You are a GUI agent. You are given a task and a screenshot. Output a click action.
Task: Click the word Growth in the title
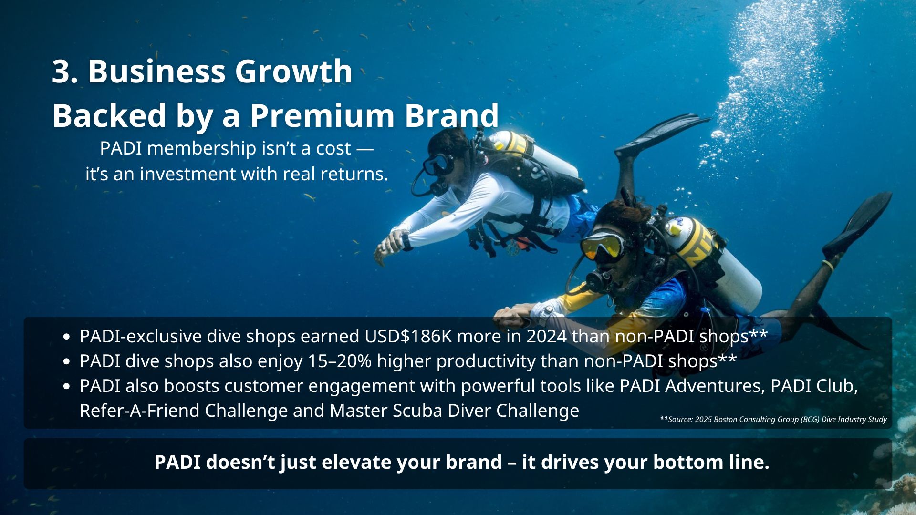pos(293,72)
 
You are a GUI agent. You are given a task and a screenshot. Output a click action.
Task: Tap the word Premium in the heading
pos(323,116)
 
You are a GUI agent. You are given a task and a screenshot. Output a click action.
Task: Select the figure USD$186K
pos(408,336)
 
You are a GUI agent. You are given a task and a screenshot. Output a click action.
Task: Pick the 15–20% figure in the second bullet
pos(340,361)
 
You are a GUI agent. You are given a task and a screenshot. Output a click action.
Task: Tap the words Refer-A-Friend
pos(139,411)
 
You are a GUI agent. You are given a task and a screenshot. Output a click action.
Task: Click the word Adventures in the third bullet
pos(715,386)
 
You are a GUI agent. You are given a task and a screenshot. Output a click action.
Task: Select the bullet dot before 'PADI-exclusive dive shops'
pos(66,337)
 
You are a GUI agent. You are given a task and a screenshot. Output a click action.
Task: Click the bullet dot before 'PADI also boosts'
pos(66,387)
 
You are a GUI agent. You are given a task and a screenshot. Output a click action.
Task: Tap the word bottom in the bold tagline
pos(688,462)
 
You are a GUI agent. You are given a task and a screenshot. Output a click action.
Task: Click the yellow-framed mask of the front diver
pos(602,244)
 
